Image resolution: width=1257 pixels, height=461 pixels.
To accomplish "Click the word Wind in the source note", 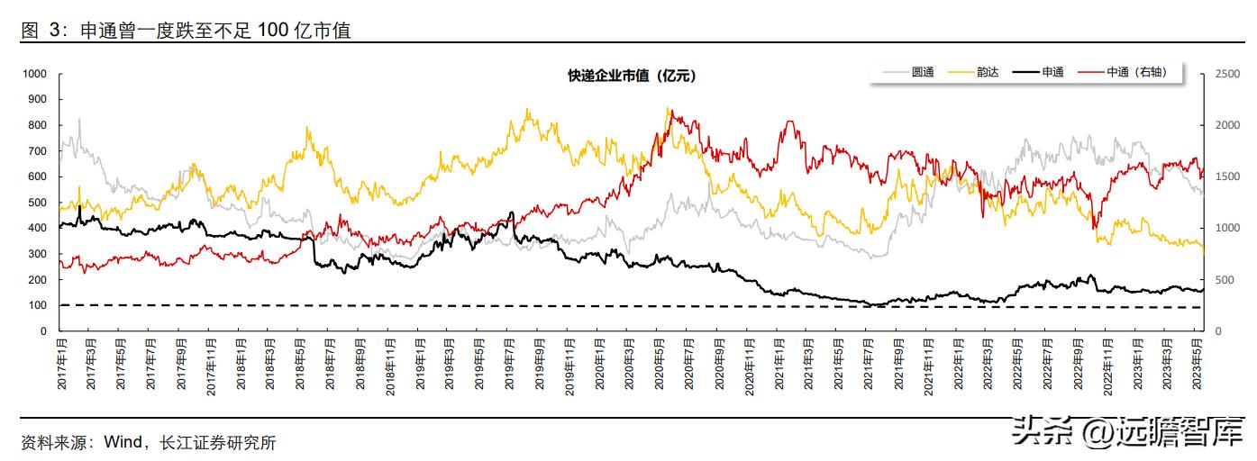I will (x=123, y=443).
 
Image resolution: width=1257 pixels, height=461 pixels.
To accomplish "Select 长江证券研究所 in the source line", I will (x=218, y=443).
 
